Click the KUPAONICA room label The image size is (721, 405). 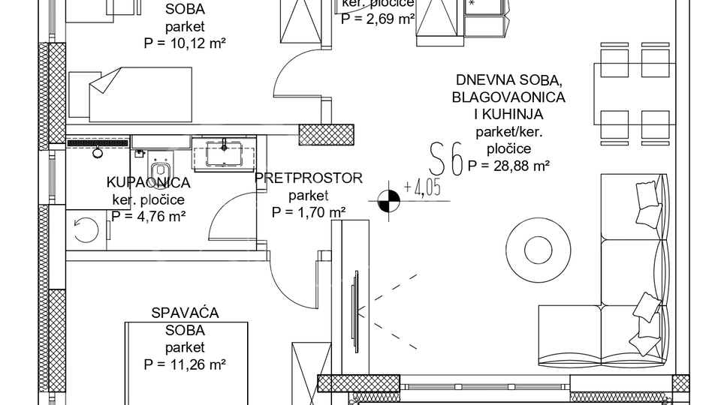click(x=148, y=182)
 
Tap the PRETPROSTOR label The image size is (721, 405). click(x=309, y=178)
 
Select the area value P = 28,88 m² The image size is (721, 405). click(x=509, y=166)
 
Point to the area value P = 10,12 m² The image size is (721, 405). click(x=185, y=43)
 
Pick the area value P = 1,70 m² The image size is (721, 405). click(x=309, y=212)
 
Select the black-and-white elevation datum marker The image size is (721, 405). click(x=388, y=201)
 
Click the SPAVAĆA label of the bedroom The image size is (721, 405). click(x=185, y=313)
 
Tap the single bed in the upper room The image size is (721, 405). click(x=131, y=95)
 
